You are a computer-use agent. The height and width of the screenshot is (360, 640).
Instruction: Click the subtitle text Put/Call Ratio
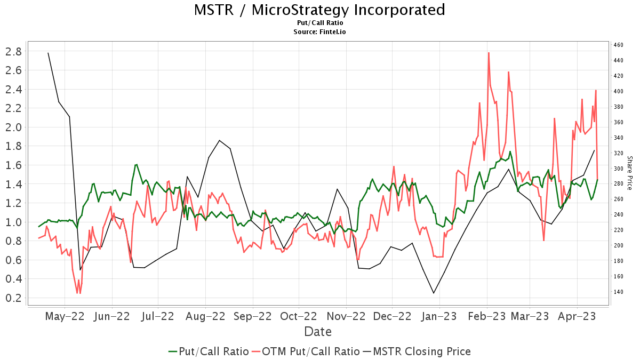click(x=320, y=23)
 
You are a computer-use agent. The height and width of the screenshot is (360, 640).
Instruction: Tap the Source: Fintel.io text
click(x=320, y=32)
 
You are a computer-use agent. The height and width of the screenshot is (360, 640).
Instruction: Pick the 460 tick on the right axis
click(x=618, y=45)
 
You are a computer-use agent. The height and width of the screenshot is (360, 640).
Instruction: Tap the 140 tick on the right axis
click(x=618, y=292)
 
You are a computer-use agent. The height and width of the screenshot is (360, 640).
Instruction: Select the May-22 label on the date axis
click(x=65, y=316)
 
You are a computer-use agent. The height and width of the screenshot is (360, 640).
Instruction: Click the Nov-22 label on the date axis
click(x=347, y=316)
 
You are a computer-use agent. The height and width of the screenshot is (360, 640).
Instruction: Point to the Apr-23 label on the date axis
click(x=577, y=316)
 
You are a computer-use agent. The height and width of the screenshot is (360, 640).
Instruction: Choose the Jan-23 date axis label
click(x=439, y=316)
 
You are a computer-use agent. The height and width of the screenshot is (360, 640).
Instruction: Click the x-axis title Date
click(x=318, y=332)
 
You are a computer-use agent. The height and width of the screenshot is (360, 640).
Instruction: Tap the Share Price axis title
click(x=629, y=173)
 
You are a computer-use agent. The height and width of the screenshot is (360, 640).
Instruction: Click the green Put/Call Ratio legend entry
click(x=209, y=351)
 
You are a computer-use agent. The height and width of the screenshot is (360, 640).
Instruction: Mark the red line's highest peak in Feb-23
click(x=489, y=52)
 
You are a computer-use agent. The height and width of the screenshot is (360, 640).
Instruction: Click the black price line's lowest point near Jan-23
click(x=434, y=293)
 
